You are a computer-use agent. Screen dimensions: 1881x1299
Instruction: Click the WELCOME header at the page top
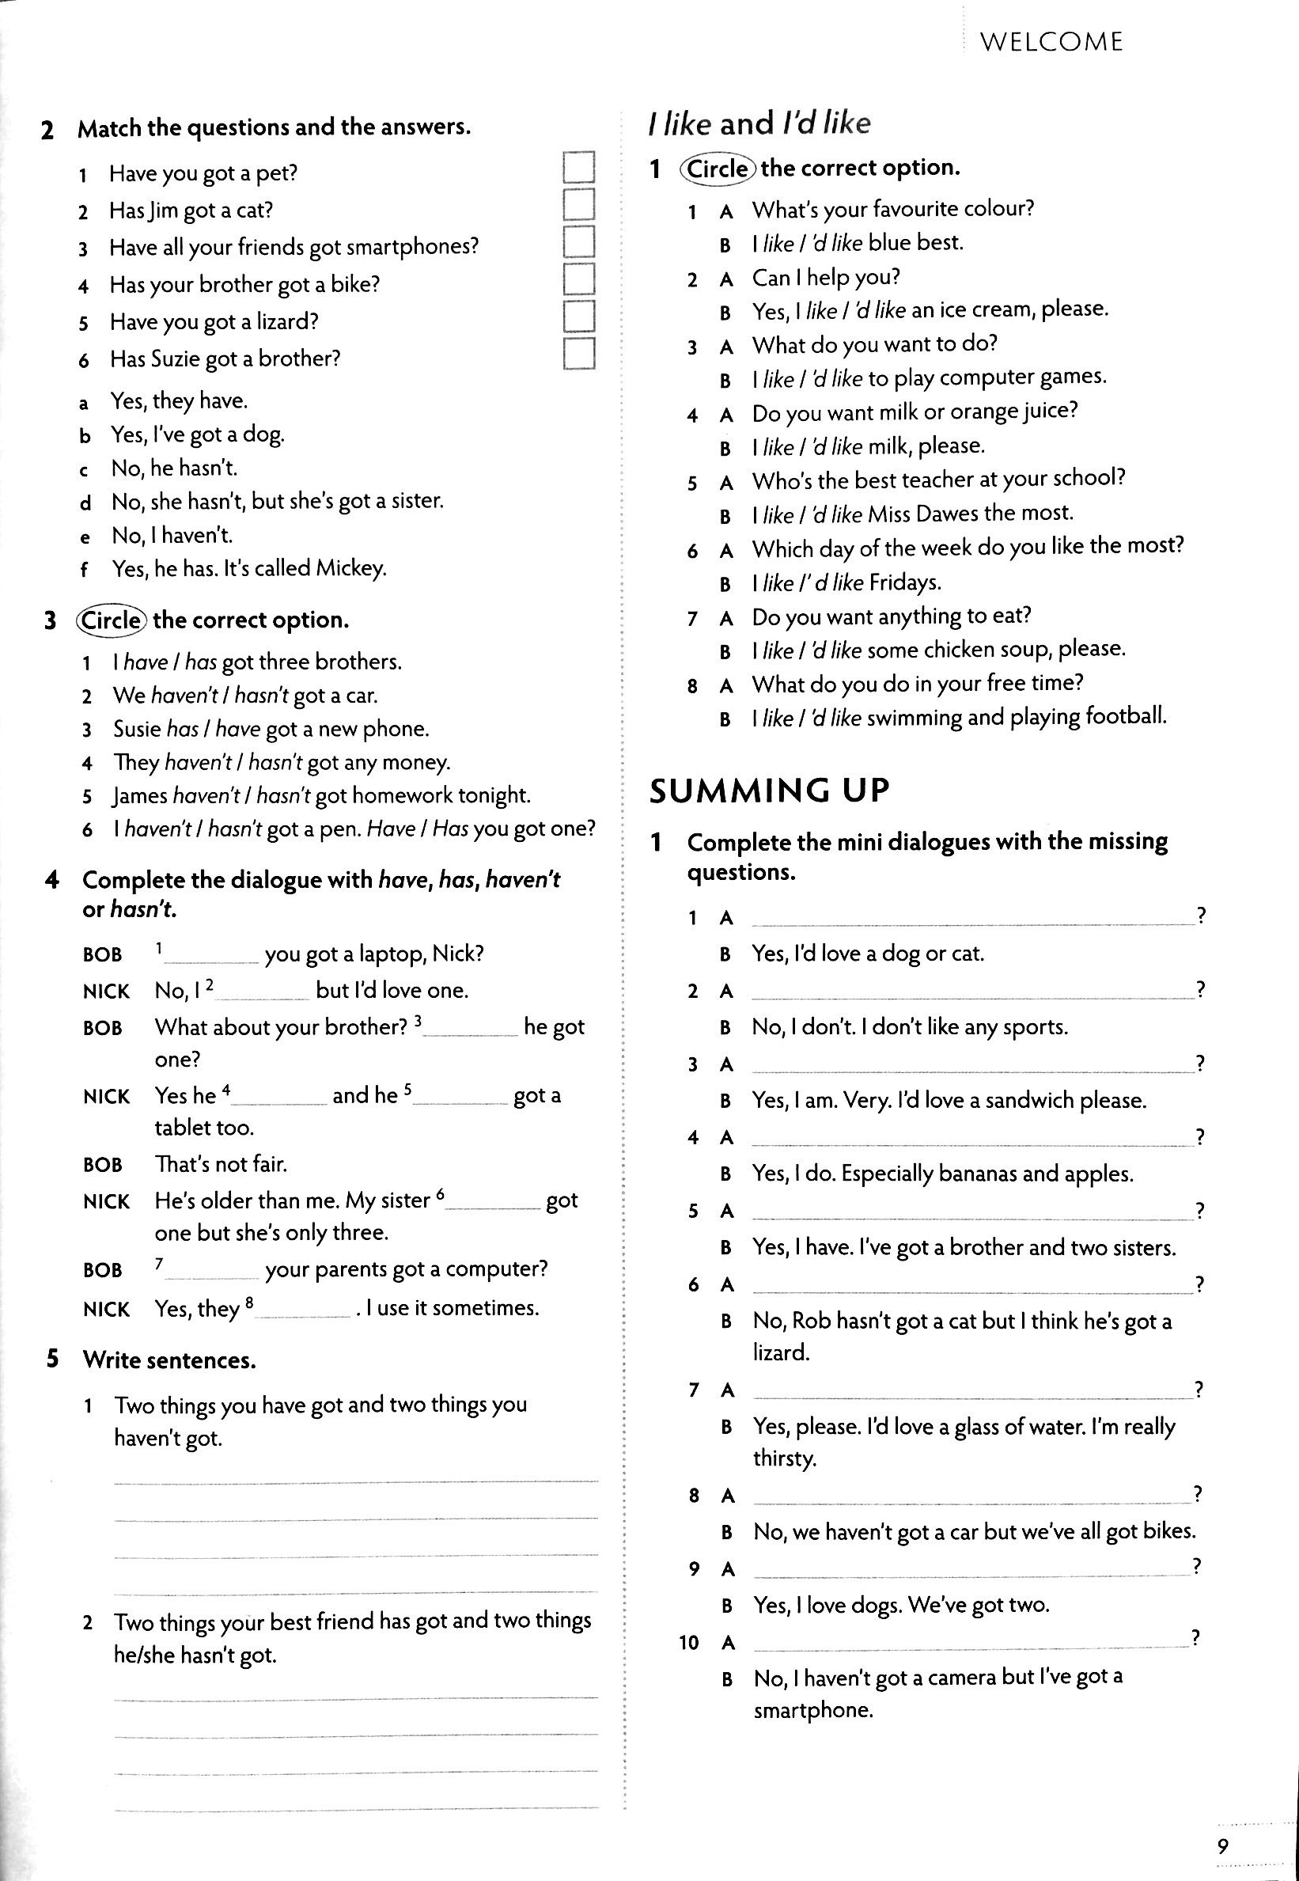[x=1051, y=41]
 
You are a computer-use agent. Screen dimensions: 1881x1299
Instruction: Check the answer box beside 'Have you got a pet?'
[x=578, y=168]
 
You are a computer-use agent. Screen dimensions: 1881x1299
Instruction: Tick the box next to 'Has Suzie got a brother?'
[x=578, y=354]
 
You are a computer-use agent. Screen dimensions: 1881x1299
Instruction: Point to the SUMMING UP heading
[x=769, y=791]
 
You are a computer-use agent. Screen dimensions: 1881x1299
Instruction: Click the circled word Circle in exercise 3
[x=112, y=620]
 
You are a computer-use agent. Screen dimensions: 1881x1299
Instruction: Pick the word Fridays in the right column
[x=904, y=582]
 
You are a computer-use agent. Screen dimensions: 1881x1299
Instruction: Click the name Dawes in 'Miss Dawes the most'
[x=947, y=514]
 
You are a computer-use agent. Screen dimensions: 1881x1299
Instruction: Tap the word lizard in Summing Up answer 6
[x=780, y=1352]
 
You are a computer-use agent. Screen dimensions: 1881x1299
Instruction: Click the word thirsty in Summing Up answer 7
[x=784, y=1458]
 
